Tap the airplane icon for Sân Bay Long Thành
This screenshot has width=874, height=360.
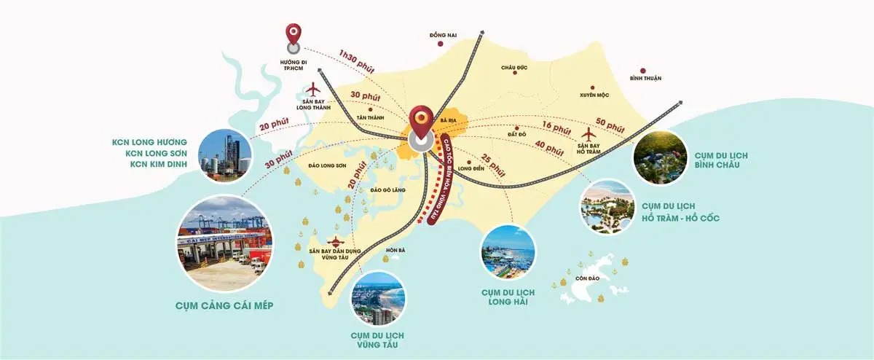(x=313, y=90)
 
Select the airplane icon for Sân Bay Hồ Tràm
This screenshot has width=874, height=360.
(x=589, y=134)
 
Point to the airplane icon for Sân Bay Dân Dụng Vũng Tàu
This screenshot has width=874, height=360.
(x=336, y=241)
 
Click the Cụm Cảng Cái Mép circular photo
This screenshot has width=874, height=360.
(x=224, y=242)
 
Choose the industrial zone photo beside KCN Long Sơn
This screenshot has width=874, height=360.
(x=224, y=155)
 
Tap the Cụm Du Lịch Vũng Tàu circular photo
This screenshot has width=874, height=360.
(x=378, y=299)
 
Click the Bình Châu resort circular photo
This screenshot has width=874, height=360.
(x=660, y=157)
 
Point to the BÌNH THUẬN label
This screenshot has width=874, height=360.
(x=645, y=79)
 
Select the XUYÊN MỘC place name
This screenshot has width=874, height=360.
(x=594, y=95)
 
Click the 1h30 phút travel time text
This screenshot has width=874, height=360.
(x=356, y=62)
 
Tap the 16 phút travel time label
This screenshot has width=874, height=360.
(x=556, y=128)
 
